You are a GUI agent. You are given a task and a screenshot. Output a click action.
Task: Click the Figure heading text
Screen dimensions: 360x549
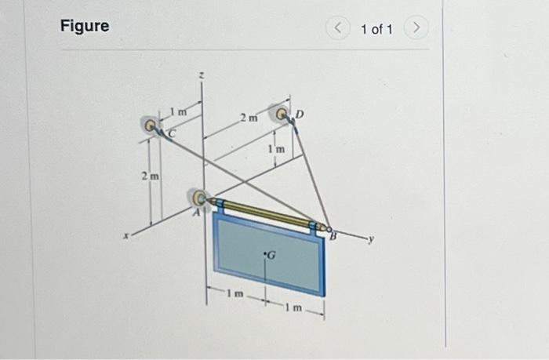85,26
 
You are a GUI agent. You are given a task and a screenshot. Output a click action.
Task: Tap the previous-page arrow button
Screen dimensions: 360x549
338,29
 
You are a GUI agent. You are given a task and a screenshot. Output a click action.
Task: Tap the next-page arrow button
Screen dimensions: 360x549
416,29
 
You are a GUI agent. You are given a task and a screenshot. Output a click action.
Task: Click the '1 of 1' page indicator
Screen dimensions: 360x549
376,29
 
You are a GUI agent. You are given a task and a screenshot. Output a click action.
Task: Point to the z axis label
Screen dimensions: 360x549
202,75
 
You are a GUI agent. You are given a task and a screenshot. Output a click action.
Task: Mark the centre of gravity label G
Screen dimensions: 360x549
271,255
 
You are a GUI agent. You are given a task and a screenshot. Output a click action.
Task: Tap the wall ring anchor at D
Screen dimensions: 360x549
280,114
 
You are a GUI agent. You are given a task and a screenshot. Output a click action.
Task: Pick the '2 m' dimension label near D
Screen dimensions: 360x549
248,119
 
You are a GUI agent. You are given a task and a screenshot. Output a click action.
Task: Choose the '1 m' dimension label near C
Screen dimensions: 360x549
179,112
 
